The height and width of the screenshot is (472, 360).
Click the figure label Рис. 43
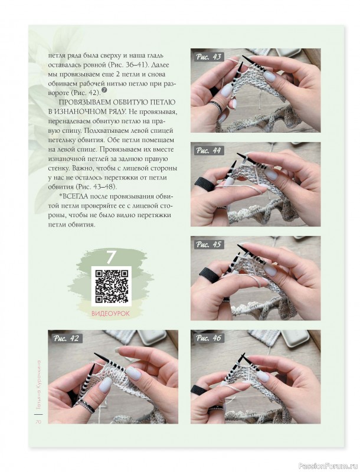pyautogui.click(x=208, y=57)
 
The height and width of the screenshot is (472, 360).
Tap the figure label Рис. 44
pyautogui.click(x=208, y=150)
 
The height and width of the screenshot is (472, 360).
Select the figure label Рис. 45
pyautogui.click(x=208, y=244)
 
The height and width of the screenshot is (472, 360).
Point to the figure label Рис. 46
pyautogui.click(x=208, y=337)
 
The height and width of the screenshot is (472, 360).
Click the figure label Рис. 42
pyautogui.click(x=66, y=338)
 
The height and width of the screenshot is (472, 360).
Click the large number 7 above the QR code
pyautogui.click(x=111, y=257)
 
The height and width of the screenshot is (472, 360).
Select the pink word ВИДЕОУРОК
pyautogui.click(x=110, y=313)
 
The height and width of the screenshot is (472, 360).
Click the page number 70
pyautogui.click(x=38, y=421)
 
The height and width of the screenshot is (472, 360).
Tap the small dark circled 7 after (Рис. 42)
pyautogui.click(x=104, y=90)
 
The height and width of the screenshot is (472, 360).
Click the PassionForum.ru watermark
pyautogui.click(x=332, y=466)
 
